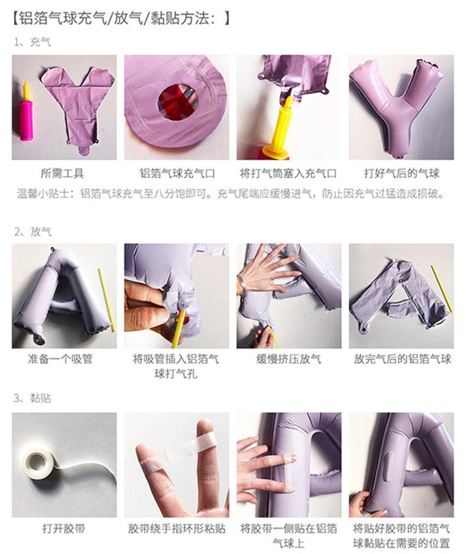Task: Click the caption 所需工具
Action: [62, 173]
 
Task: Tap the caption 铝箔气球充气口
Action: [177, 173]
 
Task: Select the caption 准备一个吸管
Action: [62, 359]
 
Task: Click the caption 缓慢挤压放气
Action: [289, 359]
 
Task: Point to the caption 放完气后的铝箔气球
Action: [402, 359]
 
